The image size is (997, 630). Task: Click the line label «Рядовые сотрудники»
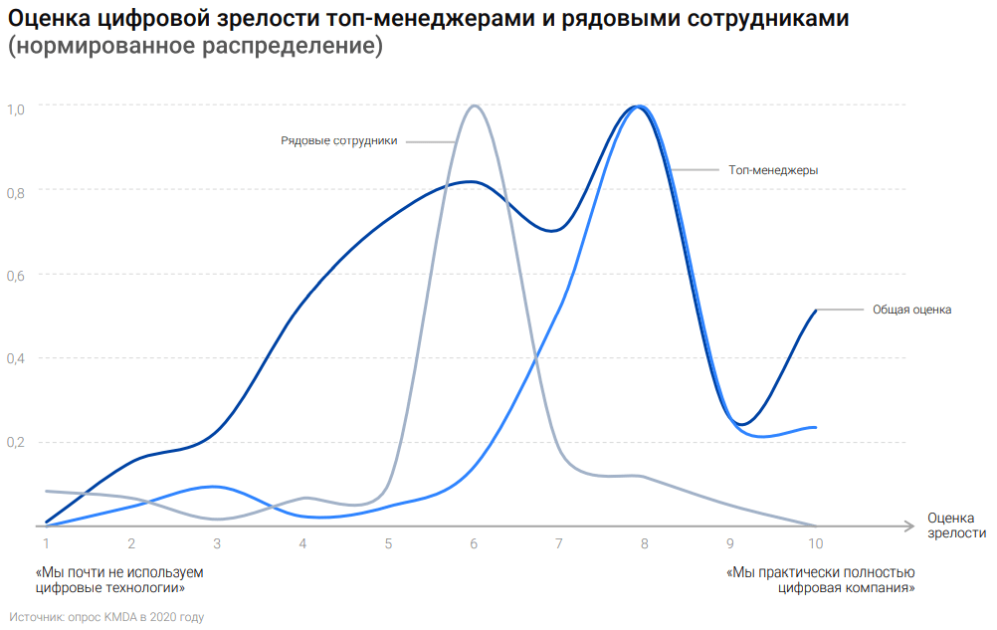[338, 141]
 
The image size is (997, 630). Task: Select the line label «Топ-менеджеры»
[773, 170]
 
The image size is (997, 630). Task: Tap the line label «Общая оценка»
[911, 310]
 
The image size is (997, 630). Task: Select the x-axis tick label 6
[474, 543]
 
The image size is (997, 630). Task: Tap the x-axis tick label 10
[815, 543]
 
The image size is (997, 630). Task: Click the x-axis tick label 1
[46, 543]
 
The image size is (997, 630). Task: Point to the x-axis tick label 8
[645, 543]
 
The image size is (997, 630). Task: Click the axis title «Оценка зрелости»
[955, 525]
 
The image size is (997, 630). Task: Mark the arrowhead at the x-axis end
[909, 525]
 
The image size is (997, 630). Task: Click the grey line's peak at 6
[474, 105]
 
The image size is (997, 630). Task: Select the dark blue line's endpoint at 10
[816, 311]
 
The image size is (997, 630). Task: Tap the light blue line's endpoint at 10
[816, 427]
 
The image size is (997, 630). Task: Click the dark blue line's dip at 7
[553, 230]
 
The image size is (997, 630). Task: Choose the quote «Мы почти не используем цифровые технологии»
[118, 580]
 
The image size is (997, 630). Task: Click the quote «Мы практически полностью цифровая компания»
[821, 580]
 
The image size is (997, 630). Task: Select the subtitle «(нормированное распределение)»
[195, 48]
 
